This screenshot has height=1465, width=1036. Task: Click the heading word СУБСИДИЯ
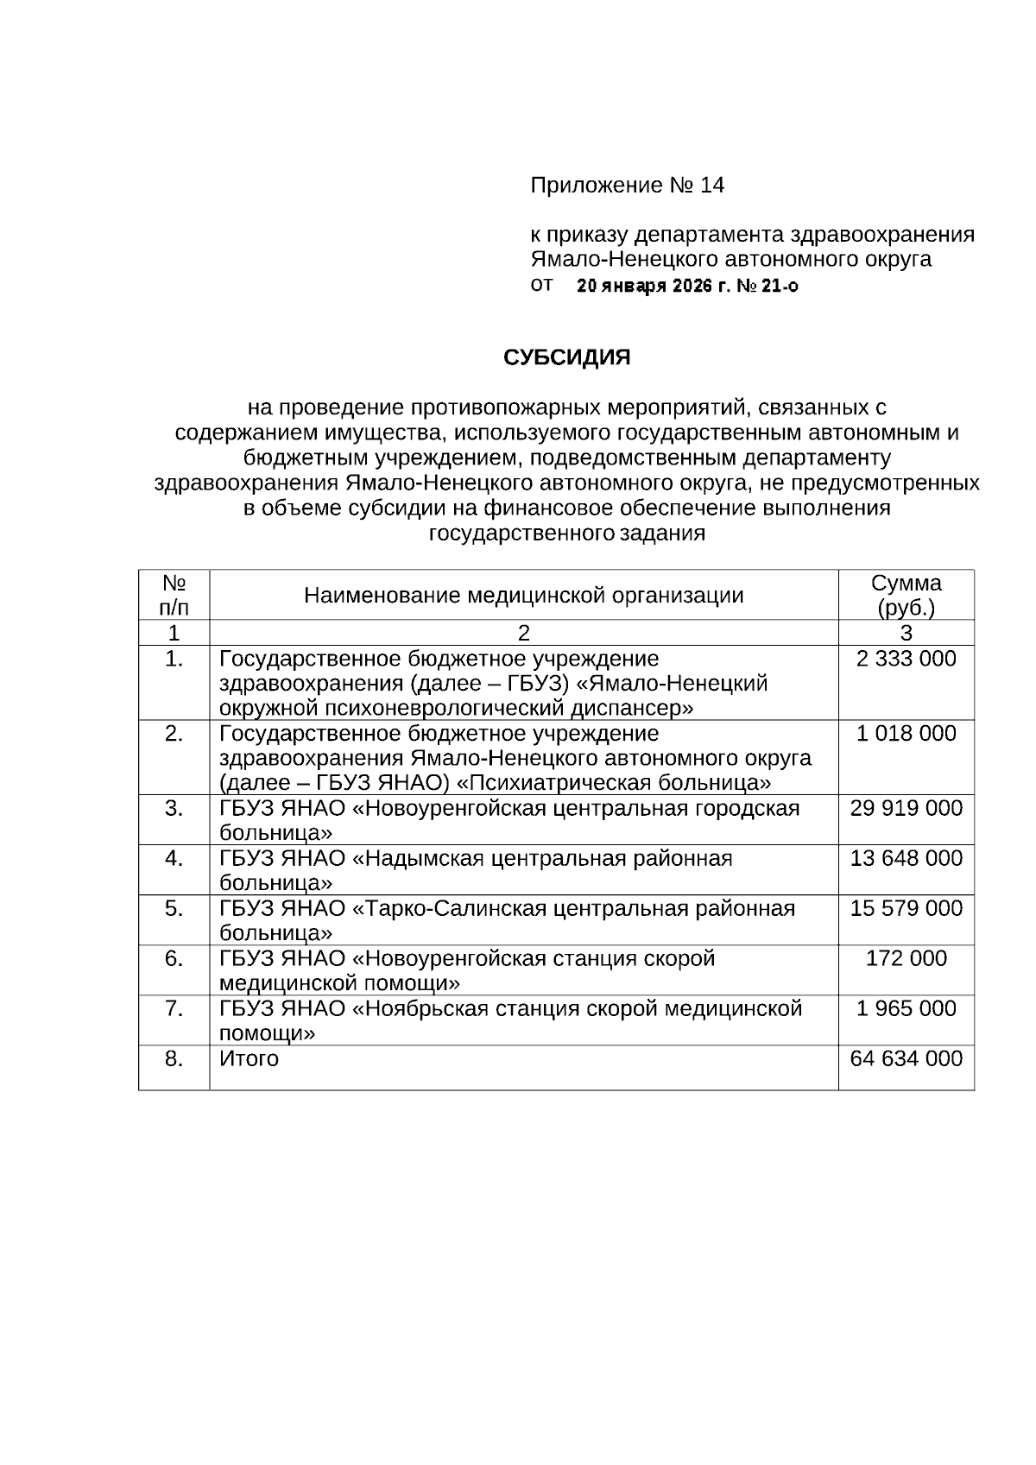pos(566,357)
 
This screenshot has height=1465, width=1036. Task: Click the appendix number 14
pos(712,186)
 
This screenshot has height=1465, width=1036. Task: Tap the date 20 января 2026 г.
pos(652,287)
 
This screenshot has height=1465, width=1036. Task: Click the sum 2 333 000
pos(906,660)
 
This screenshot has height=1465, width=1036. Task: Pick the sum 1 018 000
pos(906,734)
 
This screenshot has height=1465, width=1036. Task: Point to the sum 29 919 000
pos(906,809)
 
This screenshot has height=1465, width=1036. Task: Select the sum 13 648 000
pos(906,859)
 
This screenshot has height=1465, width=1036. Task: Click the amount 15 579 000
pos(906,909)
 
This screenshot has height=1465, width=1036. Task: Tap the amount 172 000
pos(906,959)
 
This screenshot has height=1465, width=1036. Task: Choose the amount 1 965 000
pos(906,1009)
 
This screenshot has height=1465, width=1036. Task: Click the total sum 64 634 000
pos(906,1059)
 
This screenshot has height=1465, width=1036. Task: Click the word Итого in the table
pos(249,1059)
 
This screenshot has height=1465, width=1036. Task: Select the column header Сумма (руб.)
pos(906,595)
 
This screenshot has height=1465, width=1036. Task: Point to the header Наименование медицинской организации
pos(523,596)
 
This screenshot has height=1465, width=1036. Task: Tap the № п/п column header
pos(174,595)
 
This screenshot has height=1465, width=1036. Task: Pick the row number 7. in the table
pos(174,1009)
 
